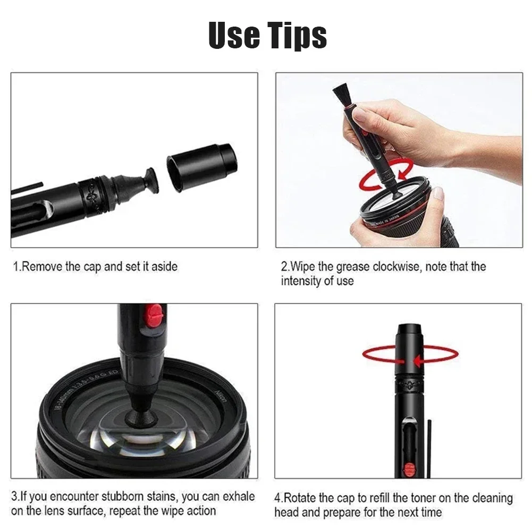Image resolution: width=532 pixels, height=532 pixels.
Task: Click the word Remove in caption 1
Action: click(41, 266)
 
